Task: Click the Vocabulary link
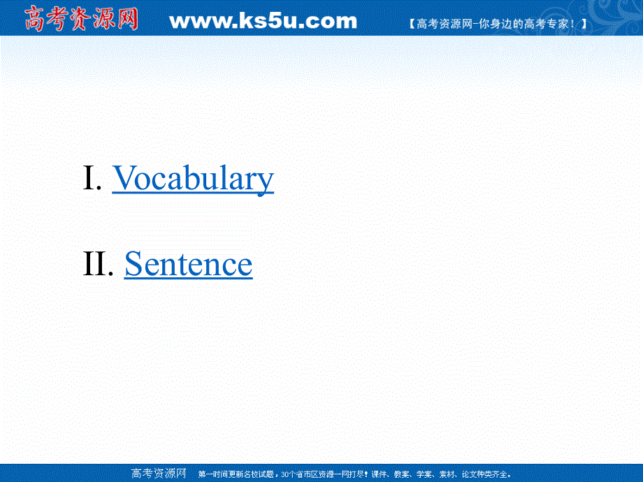point(193,178)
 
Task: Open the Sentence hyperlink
point(188,264)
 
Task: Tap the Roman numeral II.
point(98,264)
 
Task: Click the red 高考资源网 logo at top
point(81,19)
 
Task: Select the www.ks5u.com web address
point(263,21)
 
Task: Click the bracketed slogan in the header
point(496,24)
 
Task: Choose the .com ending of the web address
point(331,21)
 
